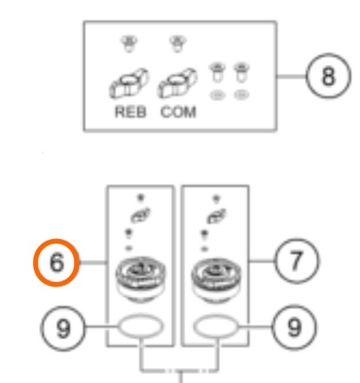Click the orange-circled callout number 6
[56, 262]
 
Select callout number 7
[297, 262]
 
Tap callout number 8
[328, 76]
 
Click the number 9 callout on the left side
[63, 329]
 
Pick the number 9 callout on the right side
[294, 327]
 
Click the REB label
[130, 112]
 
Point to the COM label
[178, 112]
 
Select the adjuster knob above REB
[129, 83]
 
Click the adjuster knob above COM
[177, 83]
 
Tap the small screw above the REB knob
[129, 44]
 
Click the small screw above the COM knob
[178, 44]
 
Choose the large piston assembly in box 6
[141, 280]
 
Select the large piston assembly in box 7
[216, 280]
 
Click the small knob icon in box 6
[140, 215]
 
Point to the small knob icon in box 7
[216, 216]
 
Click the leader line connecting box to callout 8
[291, 76]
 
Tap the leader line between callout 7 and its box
[262, 262]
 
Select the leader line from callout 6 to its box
[93, 262]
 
